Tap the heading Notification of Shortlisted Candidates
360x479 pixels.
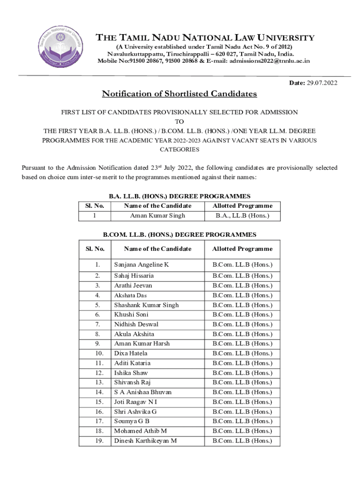(x=180, y=94)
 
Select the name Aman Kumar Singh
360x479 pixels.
(x=158, y=216)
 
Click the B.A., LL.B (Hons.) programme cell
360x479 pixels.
(x=242, y=216)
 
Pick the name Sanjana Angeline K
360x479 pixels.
(x=142, y=265)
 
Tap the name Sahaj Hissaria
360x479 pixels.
(x=134, y=276)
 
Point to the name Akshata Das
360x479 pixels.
(x=130, y=296)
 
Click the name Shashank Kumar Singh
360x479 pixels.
(x=146, y=305)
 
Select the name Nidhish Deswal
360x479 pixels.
(x=136, y=324)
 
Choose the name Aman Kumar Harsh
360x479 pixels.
(x=142, y=343)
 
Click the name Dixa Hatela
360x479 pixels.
(x=130, y=353)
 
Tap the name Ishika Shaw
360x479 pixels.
(x=131, y=373)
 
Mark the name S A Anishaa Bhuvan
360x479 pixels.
(x=143, y=392)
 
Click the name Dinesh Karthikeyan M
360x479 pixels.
(x=145, y=441)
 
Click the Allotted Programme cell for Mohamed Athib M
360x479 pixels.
(x=242, y=431)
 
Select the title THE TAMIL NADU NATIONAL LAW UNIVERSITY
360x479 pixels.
(x=205, y=38)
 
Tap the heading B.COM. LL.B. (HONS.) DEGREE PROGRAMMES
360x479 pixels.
(x=180, y=234)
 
